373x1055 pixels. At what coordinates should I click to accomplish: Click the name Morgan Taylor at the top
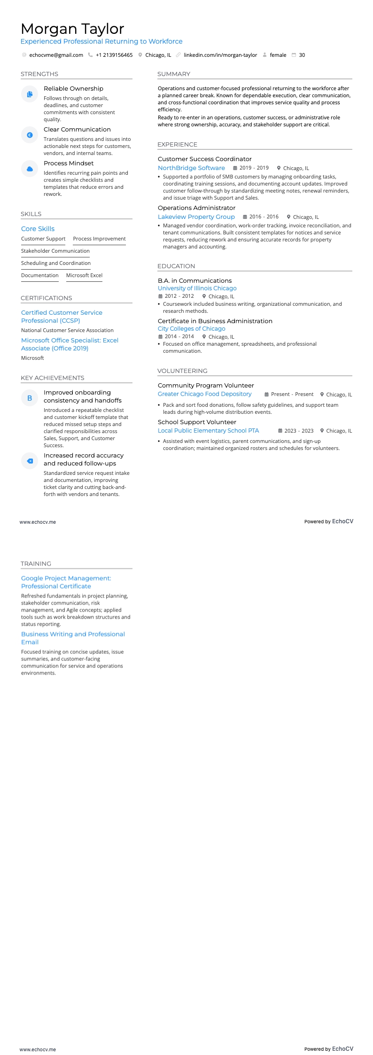[72, 29]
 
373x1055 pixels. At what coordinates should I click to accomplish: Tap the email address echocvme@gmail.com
[56, 55]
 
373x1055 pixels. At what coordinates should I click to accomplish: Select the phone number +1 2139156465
[114, 55]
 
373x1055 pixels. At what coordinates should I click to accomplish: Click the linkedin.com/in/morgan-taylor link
[220, 55]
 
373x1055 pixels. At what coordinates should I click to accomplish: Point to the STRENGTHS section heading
[39, 74]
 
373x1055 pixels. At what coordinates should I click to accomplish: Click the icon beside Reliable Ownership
[30, 94]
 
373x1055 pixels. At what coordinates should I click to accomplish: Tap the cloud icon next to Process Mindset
[30, 169]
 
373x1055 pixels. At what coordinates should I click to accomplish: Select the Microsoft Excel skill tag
[84, 275]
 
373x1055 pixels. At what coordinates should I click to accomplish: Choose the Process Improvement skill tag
[99, 239]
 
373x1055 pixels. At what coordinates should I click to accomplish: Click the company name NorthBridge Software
[191, 168]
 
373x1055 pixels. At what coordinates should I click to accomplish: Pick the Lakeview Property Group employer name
[196, 217]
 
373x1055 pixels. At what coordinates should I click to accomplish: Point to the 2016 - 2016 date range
[264, 217]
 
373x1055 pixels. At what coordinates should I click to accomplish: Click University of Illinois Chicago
[197, 288]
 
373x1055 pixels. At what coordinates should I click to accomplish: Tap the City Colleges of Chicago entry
[192, 329]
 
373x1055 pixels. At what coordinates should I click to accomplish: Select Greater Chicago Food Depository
[205, 394]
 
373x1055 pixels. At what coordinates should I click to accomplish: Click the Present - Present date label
[292, 395]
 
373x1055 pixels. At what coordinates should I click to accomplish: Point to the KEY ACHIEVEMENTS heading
[53, 378]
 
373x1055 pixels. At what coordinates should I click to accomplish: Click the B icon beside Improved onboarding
[30, 398]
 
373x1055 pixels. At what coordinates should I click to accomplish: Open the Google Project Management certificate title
[66, 582]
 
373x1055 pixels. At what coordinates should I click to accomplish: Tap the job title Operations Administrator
[197, 208]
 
